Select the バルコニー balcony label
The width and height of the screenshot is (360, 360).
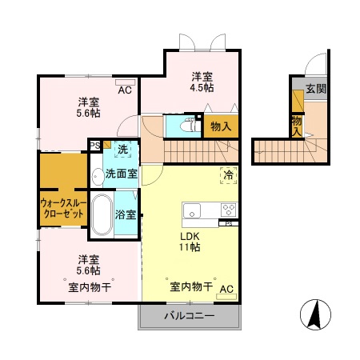(x=190, y=317)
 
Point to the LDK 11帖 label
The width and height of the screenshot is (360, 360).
(x=190, y=241)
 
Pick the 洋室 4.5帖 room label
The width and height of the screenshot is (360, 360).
(x=202, y=82)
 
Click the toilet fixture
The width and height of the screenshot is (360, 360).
(x=189, y=125)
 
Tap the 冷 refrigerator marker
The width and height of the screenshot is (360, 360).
(x=228, y=174)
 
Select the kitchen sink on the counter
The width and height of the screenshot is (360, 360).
(x=193, y=211)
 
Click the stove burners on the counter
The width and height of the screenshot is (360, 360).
(x=227, y=211)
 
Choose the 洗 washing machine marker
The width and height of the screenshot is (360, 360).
(x=122, y=149)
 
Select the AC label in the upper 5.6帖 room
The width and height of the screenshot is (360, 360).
(x=126, y=90)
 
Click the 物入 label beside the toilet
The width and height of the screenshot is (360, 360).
(x=221, y=126)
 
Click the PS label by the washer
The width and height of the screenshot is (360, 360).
(x=95, y=145)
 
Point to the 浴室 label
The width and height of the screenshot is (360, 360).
(x=126, y=214)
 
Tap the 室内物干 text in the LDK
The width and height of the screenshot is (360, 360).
(x=190, y=287)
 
